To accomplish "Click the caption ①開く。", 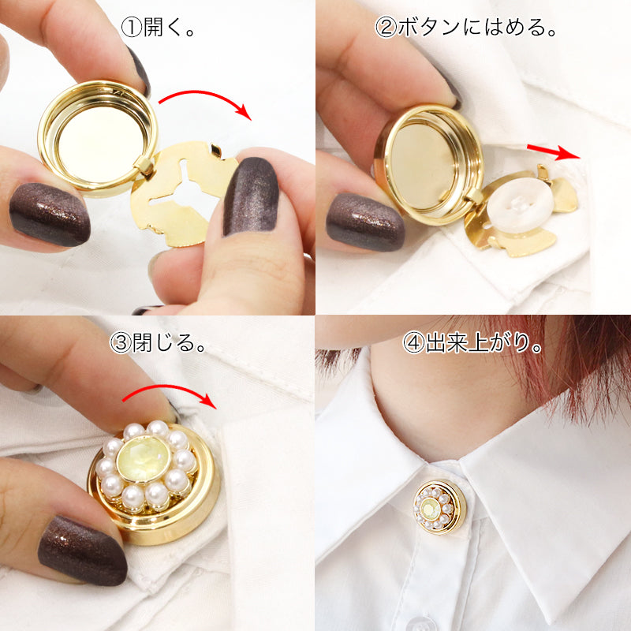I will pos(158,28).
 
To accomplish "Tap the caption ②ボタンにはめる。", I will pos(466,28).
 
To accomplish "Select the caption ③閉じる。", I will pos(158,344).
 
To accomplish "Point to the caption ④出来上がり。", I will pos(473,344).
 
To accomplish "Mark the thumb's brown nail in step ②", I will pos(364,222).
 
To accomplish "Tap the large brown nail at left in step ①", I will pos(49,213).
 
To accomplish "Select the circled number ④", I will pos(413,344).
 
